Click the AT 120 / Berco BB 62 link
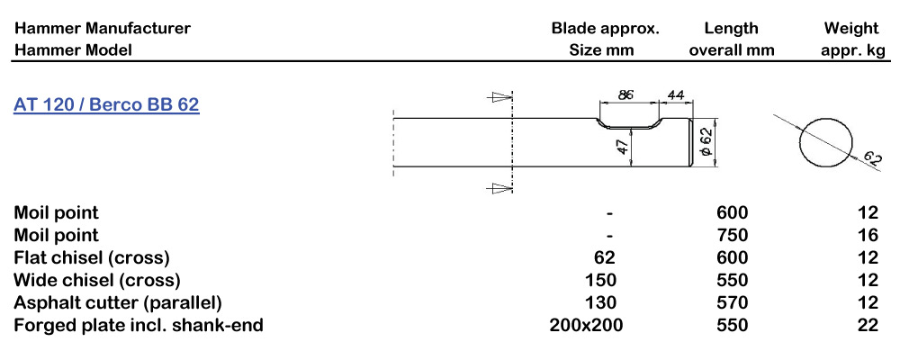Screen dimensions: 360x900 106,104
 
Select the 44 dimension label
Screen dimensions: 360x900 676,94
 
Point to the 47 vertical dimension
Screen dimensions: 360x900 622,148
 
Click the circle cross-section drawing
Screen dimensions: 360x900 824,141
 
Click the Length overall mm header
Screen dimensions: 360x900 731,39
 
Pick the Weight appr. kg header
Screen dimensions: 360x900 851,39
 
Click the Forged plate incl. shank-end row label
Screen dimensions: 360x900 139,325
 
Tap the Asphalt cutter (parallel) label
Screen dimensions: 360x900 118,302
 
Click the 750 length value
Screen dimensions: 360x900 731,235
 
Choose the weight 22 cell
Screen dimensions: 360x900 868,325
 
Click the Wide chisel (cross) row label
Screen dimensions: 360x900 97,280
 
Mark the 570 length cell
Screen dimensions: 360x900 731,302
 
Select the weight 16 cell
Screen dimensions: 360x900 868,235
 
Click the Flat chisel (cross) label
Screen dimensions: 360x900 92,257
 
